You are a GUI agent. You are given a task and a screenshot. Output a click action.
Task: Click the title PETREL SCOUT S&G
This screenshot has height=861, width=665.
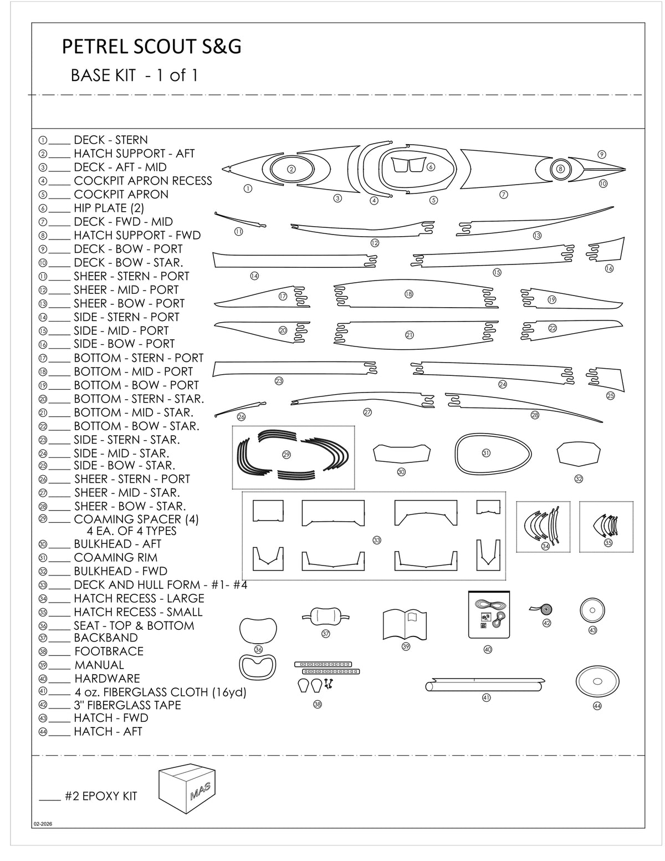point(151,48)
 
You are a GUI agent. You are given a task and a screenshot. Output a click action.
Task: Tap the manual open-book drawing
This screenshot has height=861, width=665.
point(406,623)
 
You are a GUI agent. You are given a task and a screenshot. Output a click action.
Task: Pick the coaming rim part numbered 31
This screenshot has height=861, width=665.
point(487,454)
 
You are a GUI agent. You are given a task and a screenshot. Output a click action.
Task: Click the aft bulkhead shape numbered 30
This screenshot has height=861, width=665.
point(402,454)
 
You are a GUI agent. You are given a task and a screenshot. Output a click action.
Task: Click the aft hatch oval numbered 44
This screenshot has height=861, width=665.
point(597,681)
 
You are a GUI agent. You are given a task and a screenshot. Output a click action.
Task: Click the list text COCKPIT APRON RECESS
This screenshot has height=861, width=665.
point(142,181)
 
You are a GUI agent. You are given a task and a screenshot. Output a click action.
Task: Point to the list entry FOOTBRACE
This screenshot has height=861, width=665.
point(109,651)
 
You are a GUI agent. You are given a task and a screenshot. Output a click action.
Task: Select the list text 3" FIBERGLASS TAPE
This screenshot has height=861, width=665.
point(127,705)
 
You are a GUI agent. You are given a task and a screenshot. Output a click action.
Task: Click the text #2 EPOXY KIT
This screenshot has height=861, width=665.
point(100,797)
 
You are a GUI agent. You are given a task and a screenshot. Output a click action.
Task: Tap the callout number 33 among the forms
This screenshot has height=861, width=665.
point(377,540)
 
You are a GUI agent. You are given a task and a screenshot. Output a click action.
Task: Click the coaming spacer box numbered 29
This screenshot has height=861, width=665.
point(293,455)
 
